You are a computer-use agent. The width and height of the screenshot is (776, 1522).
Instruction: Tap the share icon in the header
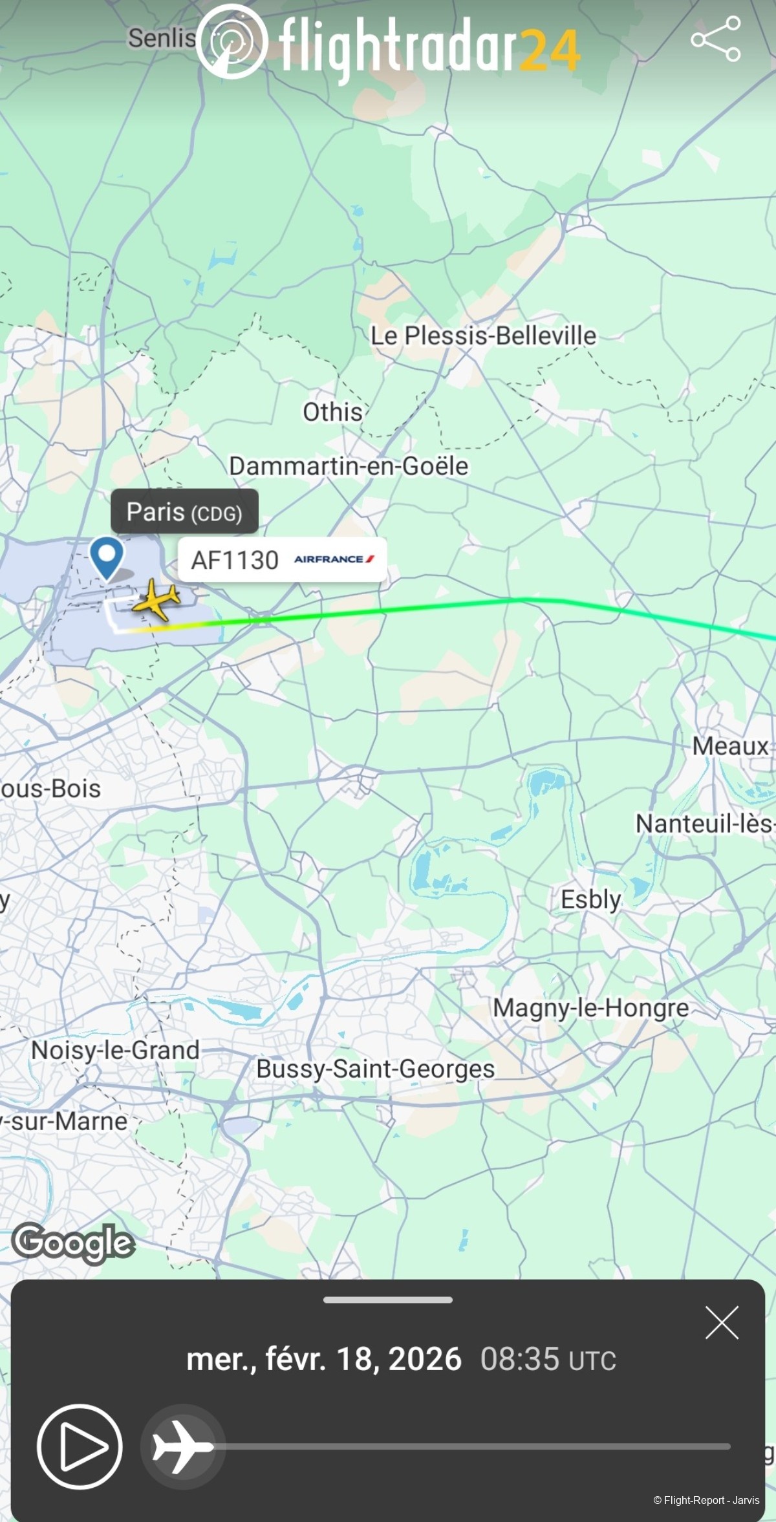click(x=715, y=39)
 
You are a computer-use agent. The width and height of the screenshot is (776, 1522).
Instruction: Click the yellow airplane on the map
click(x=156, y=601)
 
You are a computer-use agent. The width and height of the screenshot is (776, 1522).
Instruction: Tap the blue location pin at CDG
click(x=107, y=557)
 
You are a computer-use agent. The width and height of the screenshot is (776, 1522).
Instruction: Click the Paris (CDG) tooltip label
click(x=184, y=512)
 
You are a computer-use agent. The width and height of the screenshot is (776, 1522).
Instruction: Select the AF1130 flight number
click(x=235, y=560)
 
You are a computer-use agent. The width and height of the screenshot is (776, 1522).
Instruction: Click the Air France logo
click(x=334, y=559)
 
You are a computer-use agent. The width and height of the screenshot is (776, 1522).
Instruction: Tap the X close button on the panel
click(x=722, y=1322)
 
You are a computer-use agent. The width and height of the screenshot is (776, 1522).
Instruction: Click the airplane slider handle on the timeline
click(x=183, y=1446)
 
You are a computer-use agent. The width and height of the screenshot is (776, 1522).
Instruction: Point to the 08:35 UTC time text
click(x=548, y=1359)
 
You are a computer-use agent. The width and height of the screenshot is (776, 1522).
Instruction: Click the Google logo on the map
click(x=73, y=1243)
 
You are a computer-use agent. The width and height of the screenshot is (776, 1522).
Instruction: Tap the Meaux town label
click(x=730, y=746)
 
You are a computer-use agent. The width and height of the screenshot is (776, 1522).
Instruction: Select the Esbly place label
click(x=590, y=899)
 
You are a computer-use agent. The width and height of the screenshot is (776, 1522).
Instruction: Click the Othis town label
click(x=332, y=412)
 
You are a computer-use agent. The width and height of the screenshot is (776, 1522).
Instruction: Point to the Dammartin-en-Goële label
click(x=349, y=466)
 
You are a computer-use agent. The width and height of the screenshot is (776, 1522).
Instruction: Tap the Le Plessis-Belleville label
click(x=483, y=336)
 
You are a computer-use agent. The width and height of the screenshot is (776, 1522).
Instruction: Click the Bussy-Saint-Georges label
click(x=375, y=1069)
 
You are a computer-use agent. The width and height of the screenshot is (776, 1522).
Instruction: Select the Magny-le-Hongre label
click(x=590, y=1007)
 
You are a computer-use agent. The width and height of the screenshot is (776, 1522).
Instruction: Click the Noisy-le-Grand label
click(x=115, y=1050)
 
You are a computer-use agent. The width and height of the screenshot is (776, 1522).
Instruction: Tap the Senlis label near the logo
click(x=162, y=38)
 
